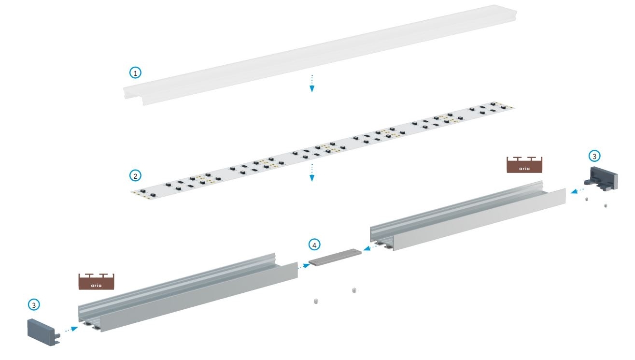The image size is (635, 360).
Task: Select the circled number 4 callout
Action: [315, 245]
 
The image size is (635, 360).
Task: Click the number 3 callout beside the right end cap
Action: [594, 156]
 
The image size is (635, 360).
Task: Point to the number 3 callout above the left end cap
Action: [33, 305]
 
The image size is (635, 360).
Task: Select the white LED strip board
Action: [324, 147]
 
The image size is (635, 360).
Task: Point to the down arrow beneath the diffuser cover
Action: [312, 83]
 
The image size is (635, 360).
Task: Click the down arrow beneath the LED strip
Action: [312, 172]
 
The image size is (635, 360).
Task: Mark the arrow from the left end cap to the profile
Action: [70, 330]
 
